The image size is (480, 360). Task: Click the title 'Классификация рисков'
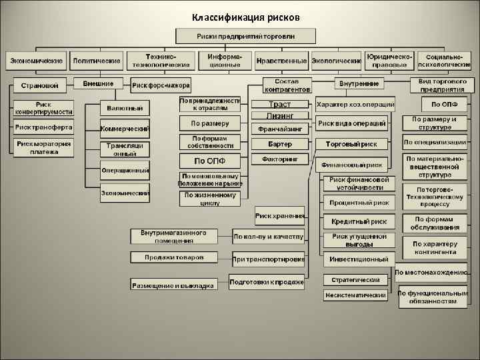[x=246, y=16]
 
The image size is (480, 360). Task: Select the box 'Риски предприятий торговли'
[x=246, y=35]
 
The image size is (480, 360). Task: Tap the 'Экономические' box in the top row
[x=36, y=61]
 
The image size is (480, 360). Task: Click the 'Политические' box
[x=97, y=61]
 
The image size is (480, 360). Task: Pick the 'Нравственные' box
[x=281, y=61]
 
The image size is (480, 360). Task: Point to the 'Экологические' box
[x=336, y=61]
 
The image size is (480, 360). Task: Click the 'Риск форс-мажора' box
[x=161, y=85]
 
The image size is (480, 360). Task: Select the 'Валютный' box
[x=125, y=108]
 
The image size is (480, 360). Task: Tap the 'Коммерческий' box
[x=124, y=128]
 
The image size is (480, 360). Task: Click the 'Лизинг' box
[x=279, y=115]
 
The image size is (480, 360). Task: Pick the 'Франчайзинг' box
[x=279, y=127]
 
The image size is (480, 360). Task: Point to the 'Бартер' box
[x=279, y=143]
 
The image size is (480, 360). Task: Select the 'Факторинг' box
[x=279, y=159]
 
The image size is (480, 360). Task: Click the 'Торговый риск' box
[x=351, y=143]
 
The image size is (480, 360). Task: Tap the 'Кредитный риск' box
[x=359, y=221]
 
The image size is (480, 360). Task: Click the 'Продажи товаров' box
[x=173, y=257]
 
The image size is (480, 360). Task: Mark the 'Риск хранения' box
[x=279, y=215]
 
